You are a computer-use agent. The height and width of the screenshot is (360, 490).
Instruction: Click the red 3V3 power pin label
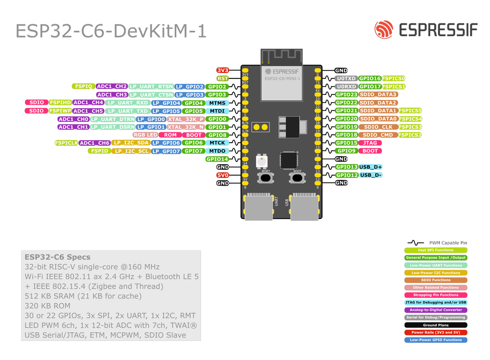pos(223,71)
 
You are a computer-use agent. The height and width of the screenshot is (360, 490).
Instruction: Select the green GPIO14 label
pos(217,159)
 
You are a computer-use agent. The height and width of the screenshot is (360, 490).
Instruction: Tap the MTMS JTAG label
pos(217,103)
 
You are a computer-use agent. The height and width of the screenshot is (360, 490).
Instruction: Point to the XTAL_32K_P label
pos(185,119)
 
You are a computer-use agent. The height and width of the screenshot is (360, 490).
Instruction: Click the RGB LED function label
pos(145,135)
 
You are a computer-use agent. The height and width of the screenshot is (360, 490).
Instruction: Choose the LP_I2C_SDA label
pos(130,143)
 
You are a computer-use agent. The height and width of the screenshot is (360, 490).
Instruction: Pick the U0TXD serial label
pos(346,78)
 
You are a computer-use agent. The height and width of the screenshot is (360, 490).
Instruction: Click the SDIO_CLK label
pos(378,127)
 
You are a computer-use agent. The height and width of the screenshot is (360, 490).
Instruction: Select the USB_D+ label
pos(371,167)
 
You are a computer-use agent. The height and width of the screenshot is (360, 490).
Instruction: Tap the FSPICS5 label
pos(411,111)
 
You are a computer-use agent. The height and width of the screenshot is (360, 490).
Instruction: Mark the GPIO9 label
pos(346,151)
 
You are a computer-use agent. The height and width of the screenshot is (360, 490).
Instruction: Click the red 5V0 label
pos(223,175)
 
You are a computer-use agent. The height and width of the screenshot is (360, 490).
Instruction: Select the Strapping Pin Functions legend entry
pos(436,295)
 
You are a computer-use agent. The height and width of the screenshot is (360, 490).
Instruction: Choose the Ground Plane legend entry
pos(436,325)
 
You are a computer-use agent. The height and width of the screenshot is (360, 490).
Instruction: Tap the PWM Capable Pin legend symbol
pos(416,243)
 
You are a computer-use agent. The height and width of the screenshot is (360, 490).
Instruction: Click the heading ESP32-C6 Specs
pos(57,257)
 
